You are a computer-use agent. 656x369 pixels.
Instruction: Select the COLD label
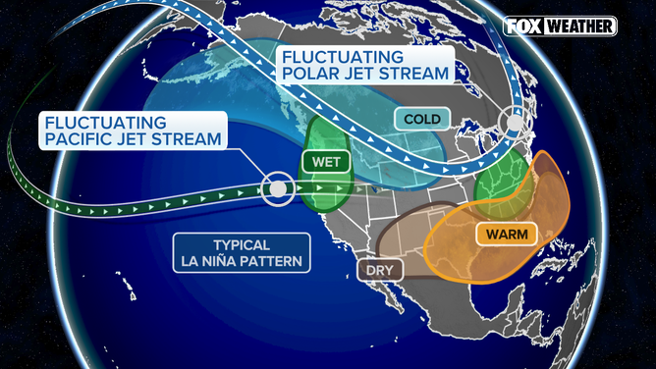423,120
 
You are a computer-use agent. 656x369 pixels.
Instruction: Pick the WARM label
502,235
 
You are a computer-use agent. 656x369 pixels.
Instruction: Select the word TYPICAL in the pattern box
240,245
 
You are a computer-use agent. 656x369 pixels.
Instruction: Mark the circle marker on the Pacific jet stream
279,186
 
